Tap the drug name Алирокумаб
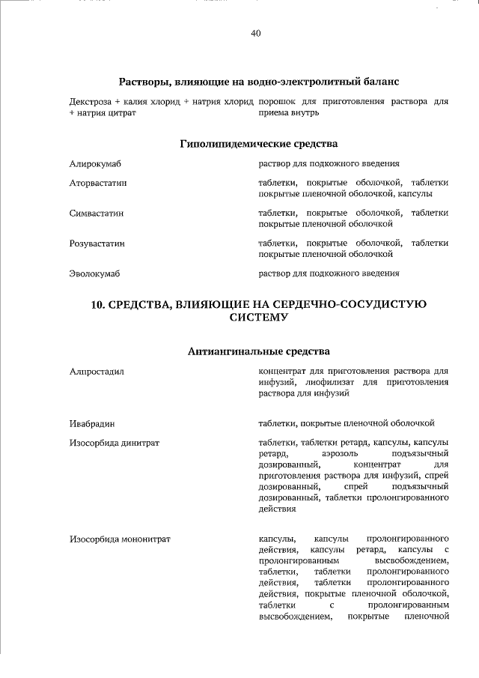(x=95, y=163)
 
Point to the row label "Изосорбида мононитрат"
(x=120, y=539)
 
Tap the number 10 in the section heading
(x=98, y=304)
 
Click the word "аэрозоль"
(x=340, y=454)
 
